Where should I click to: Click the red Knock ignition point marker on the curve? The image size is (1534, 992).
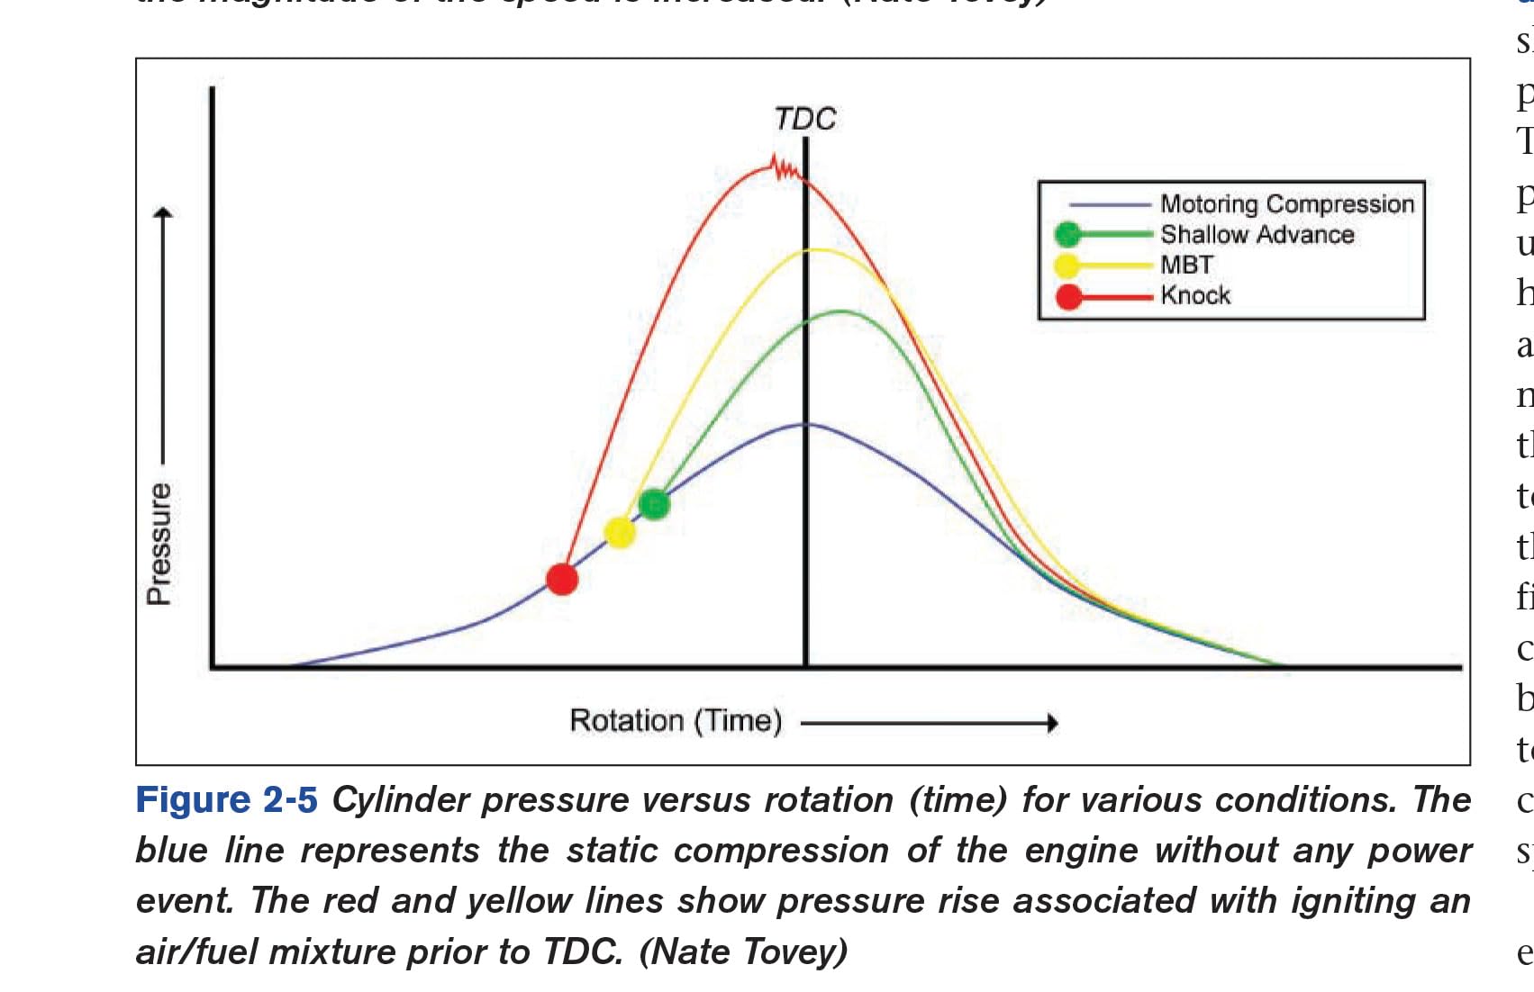coord(562,579)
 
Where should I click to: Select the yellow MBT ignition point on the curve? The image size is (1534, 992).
coord(620,532)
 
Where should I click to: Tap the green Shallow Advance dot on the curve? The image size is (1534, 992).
coord(654,504)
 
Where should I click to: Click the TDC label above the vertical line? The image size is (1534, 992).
coord(805,119)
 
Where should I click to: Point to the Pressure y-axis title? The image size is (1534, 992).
coord(159,544)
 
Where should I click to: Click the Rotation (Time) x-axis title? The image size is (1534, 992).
coord(676,721)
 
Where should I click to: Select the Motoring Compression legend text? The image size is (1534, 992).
coord(1286,204)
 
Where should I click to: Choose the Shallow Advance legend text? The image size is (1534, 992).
coord(1257,235)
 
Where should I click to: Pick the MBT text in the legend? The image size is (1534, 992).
coord(1186,266)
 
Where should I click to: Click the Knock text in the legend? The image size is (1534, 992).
coord(1194,295)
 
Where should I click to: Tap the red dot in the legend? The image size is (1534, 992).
coord(1068,296)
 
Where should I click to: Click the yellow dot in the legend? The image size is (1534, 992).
coord(1067,266)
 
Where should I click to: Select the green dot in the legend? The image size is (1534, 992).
coord(1067,235)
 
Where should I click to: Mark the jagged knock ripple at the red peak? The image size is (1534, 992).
coord(785,168)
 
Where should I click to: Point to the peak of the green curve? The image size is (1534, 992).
coord(840,311)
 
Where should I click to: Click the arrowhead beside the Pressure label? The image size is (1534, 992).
coord(162,214)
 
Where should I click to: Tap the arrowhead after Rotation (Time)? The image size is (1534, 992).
coord(1051,722)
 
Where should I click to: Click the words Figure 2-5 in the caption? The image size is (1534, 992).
coord(226,800)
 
